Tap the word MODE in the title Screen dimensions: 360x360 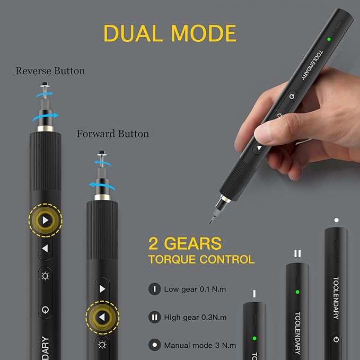(200, 33)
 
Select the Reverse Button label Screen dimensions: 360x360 (50, 71)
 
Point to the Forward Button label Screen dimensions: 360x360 (113, 134)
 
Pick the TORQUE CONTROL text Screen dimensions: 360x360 (201, 260)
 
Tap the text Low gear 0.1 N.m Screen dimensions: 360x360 (195, 289)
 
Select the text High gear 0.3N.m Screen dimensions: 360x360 (195, 318)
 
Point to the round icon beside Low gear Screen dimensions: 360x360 (154, 289)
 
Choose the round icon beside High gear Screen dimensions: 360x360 (154, 318)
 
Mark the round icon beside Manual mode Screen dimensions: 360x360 (154, 345)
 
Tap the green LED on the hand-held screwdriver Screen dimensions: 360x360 (329, 39)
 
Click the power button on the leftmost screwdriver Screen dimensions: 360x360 (46, 309)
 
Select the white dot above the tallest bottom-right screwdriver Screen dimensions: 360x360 (336, 219)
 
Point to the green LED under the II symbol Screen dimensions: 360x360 (297, 292)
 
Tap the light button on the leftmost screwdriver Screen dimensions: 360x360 (46, 276)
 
